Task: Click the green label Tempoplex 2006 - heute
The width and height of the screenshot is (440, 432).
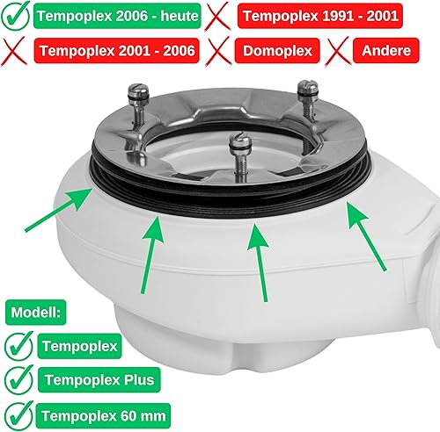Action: (x=117, y=16)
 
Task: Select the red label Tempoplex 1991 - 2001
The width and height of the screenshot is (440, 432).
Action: (x=320, y=16)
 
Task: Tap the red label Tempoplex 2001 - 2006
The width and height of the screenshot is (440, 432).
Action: (x=117, y=51)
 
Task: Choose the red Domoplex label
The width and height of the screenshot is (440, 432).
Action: (x=277, y=51)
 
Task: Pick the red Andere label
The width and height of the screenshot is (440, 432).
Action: (x=386, y=51)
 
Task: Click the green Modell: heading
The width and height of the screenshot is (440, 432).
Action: (x=36, y=313)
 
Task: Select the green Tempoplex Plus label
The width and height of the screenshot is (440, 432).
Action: (x=99, y=380)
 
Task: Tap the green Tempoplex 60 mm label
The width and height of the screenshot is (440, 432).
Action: (x=103, y=415)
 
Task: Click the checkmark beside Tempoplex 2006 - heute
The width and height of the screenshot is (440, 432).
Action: (x=15, y=16)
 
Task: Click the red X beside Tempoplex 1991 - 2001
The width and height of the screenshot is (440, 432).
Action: (x=217, y=17)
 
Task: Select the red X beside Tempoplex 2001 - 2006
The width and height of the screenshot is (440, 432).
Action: (x=13, y=52)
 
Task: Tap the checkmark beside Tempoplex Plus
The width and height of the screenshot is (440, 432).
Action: (x=18, y=379)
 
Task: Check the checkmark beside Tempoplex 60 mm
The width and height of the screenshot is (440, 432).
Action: (x=18, y=415)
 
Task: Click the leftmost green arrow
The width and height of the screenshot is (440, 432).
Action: (x=58, y=210)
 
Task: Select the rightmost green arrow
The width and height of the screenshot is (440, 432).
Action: (x=366, y=236)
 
